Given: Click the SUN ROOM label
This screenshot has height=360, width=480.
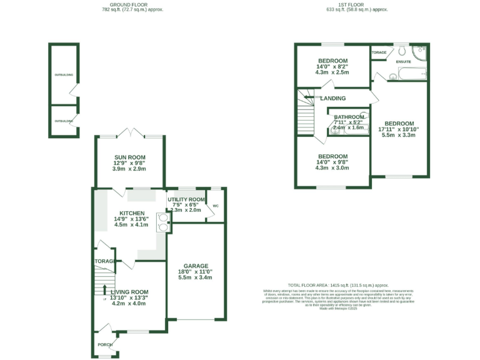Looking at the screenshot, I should tap(129, 157).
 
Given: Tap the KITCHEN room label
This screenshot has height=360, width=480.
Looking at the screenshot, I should tap(132, 213).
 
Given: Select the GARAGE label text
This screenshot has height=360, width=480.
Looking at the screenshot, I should tap(196, 266).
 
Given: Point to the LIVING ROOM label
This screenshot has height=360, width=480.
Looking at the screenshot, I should tap(129, 292).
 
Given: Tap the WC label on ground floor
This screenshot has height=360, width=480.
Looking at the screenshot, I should tap(216, 206).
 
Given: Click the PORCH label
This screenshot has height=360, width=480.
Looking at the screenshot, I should tap(104, 344).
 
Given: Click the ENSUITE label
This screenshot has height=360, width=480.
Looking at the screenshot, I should tap(403, 61).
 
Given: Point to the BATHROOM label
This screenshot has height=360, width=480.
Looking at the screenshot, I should tap(349, 117).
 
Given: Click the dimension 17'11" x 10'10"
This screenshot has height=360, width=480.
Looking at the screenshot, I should tap(399, 129).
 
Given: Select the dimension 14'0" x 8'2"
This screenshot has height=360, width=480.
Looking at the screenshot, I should tap(332, 67).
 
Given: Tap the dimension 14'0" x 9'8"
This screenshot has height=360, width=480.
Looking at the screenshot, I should tap(332, 162).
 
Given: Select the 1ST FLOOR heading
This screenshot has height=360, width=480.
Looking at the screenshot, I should tap(357, 4).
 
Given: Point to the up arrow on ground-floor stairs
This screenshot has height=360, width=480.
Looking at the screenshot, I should tap(104, 289).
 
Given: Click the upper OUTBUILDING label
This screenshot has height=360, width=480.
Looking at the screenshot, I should tap(63, 75).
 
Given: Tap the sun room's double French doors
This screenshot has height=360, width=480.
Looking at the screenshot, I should tap(129, 134).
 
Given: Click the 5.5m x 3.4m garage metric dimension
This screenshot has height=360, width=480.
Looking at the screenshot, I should tap(196, 277).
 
